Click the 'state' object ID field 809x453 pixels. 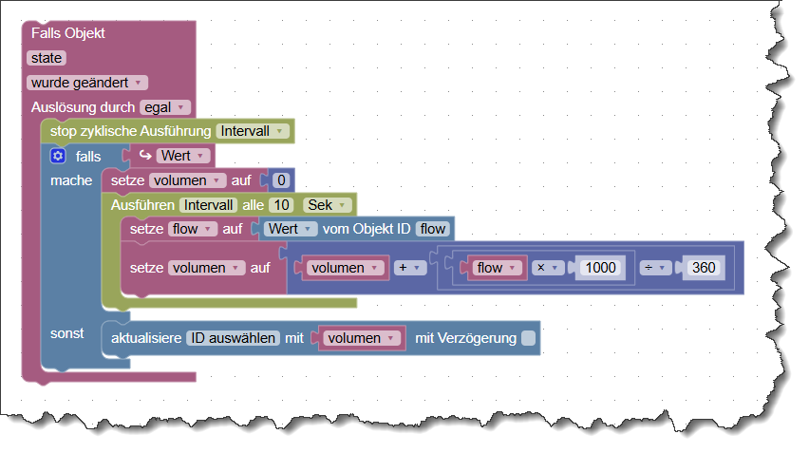tap(46, 58)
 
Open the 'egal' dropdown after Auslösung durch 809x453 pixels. tap(165, 107)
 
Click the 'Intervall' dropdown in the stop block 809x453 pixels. tap(252, 130)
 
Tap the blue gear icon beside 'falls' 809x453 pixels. tap(58, 156)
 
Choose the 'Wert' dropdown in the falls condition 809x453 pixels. tap(183, 155)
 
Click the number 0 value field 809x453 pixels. tap(280, 179)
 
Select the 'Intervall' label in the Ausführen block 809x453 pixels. tap(208, 204)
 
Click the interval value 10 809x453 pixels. tap(280, 204)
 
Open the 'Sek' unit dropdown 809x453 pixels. tap(326, 204)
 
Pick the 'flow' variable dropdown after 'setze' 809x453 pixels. tap(193, 229)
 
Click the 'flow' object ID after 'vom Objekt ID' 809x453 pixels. tap(433, 229)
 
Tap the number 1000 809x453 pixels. tap(600, 268)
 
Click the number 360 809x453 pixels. tap(704, 268)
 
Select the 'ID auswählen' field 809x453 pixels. tap(233, 338)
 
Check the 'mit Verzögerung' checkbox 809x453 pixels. tap(528, 338)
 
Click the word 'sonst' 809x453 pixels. tap(67, 333)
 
